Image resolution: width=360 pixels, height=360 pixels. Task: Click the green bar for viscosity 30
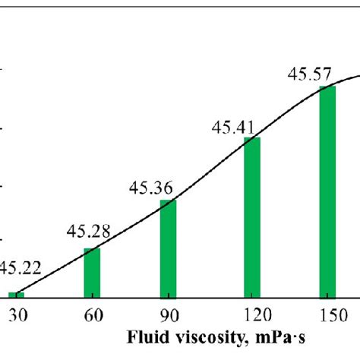(x=16, y=295)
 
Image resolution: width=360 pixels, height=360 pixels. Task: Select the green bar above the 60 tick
(x=92, y=273)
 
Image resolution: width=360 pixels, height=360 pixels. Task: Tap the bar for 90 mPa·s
(x=168, y=248)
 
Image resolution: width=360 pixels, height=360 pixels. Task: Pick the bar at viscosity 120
(x=251, y=217)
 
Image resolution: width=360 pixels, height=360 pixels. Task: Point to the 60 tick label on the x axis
(x=92, y=314)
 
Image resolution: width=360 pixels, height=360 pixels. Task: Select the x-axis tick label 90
(x=168, y=314)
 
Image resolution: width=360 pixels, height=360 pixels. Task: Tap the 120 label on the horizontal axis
(x=251, y=314)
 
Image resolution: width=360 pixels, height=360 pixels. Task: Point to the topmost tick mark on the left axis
(x=2, y=70)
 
